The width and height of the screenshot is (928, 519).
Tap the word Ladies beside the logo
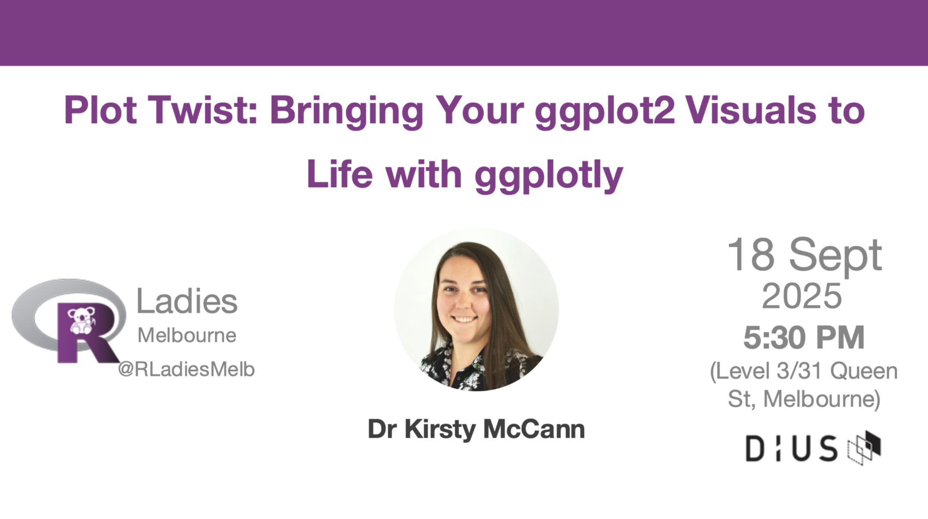[x=187, y=301]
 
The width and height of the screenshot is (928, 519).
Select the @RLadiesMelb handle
[x=186, y=369]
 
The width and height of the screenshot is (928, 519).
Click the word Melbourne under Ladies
[x=187, y=335]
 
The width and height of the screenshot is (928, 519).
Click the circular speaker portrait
[x=476, y=309]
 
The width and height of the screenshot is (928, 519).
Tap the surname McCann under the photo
[x=534, y=429]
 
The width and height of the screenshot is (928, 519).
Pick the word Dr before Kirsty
[x=383, y=429]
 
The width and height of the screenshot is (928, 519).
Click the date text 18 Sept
[x=804, y=256]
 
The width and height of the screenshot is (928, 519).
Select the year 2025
[x=802, y=296]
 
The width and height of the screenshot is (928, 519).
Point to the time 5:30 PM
[x=804, y=338]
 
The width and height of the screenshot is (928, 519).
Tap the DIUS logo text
[x=791, y=449]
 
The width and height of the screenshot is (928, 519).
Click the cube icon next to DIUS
[x=864, y=448]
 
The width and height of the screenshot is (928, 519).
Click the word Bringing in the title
[x=347, y=113]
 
